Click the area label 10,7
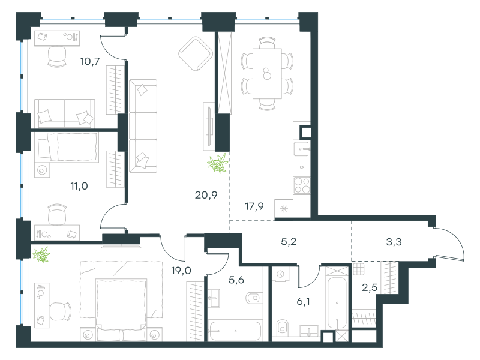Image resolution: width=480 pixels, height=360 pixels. (90, 62)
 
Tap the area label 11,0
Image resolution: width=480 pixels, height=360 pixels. (79, 186)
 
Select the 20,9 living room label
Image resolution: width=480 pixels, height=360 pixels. (206, 194)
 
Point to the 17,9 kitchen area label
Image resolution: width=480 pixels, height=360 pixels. (254, 206)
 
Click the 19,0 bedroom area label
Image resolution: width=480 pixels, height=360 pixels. (181, 271)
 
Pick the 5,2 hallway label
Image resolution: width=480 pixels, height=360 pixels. (289, 242)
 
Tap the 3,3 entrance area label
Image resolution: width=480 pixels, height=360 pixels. (394, 242)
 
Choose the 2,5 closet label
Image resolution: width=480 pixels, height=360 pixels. (370, 288)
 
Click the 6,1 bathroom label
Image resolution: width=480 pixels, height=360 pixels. (303, 302)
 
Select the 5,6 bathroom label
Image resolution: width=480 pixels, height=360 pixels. (236, 280)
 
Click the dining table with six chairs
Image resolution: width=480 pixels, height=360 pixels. (267, 73)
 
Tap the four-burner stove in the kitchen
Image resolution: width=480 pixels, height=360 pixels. (302, 185)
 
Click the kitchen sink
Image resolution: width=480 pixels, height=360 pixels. (302, 149)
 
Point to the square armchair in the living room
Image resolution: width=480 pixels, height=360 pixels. (196, 53)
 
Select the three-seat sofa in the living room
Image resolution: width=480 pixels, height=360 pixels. (143, 126)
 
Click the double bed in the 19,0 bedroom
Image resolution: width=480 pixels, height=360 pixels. (121, 309)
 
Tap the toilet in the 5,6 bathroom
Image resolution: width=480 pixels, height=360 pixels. (254, 298)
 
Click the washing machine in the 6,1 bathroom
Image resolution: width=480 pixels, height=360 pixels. (280, 274)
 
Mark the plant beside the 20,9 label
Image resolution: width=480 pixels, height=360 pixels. (218, 163)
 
